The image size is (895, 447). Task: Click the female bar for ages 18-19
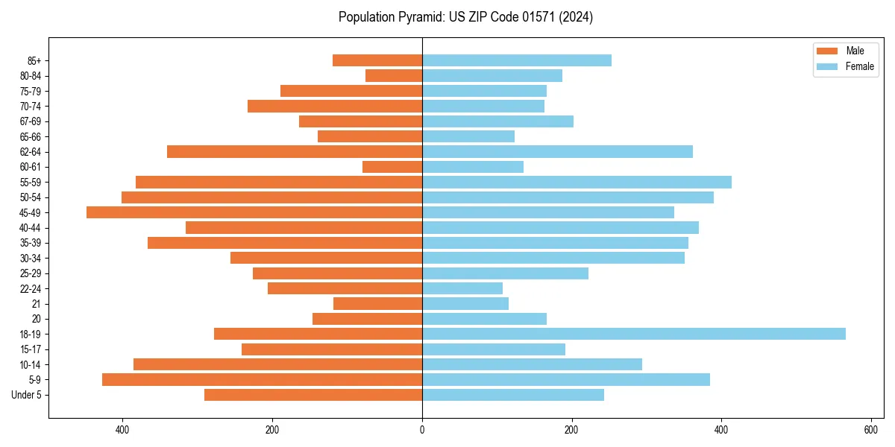coord(634,334)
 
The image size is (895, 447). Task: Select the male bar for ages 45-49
coord(254,212)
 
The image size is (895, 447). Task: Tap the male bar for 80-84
coord(394,75)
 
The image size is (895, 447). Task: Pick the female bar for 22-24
coord(462,288)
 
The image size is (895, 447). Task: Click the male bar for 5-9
coord(262,379)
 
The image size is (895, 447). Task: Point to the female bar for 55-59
coord(577,182)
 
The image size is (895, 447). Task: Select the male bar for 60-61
coord(392,167)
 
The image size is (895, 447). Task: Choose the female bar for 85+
coord(517,60)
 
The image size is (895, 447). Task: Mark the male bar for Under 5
coord(313,395)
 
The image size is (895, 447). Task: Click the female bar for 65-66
coord(468,136)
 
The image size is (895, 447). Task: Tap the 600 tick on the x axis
coord(870,430)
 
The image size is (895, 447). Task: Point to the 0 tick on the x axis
coord(422,430)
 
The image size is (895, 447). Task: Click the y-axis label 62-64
coord(31,152)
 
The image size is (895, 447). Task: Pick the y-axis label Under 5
coord(27,395)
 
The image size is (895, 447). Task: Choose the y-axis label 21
coord(37,304)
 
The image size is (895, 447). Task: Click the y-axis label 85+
coord(34,60)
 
